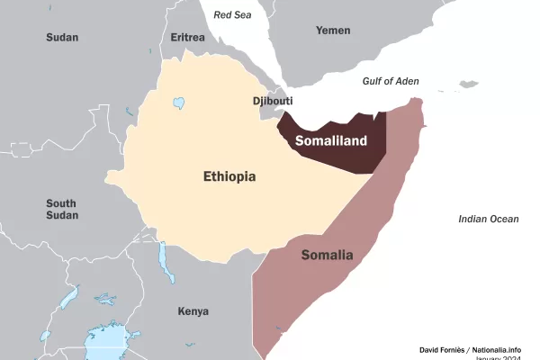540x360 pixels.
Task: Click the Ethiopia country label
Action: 229,176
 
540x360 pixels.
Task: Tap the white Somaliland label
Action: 331,140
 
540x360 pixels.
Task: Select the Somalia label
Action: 327,255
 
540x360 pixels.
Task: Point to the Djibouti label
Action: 274,102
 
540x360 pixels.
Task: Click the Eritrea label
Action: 188,38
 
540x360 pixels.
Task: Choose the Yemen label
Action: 333,31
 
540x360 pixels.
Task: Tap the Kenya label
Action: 193,311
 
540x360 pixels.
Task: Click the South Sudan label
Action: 61,210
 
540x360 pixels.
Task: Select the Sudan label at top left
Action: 62,38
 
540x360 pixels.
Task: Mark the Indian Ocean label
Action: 489,219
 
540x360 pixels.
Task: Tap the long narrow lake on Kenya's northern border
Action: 164,261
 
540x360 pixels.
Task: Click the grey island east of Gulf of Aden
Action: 468,85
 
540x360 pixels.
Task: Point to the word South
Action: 61,203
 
